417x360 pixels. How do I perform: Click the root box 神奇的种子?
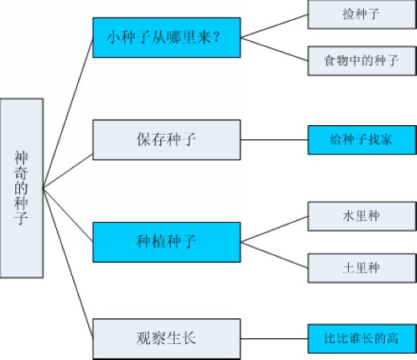pos(22,188)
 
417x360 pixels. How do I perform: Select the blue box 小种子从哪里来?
pos(167,38)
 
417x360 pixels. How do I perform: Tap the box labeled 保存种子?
pos(167,140)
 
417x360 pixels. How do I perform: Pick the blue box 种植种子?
pos(167,242)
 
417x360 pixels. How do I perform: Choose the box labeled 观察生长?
pos(167,339)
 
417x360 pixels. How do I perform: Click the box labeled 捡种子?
pos(362,14)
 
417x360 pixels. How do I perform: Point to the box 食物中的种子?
pos(362,61)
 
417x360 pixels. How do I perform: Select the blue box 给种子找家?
pos(362,140)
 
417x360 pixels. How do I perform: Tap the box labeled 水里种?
pos(362,216)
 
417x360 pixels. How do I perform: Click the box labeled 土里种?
pos(362,268)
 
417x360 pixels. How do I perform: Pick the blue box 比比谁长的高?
pos(362,338)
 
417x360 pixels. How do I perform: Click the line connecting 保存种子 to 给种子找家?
pos(274,140)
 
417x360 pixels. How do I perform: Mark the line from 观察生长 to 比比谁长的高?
pos(274,338)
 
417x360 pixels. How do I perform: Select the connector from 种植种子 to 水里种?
pos(274,229)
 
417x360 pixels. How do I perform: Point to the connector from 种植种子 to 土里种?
pos(274,255)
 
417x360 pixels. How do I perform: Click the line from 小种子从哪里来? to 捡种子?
pos(274,26)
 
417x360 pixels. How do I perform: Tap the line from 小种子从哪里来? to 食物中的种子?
pos(274,49)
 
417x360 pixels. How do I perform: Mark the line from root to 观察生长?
pos(68,263)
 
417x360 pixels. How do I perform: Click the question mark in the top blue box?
pos(217,38)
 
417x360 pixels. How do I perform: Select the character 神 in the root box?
pos(21,158)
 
